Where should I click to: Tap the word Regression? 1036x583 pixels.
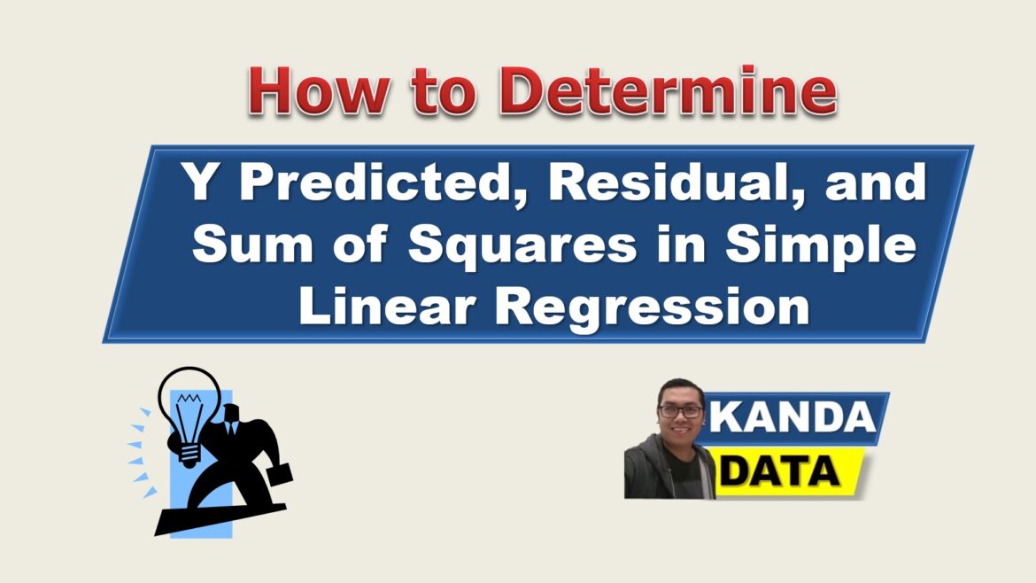[x=653, y=308]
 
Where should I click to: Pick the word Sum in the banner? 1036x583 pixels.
[x=252, y=245]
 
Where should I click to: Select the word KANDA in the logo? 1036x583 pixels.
[x=792, y=417]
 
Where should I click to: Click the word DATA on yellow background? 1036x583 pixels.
[x=780, y=472]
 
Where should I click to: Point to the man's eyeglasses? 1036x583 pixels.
[x=680, y=411]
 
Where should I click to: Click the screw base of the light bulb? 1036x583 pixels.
[x=189, y=455]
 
